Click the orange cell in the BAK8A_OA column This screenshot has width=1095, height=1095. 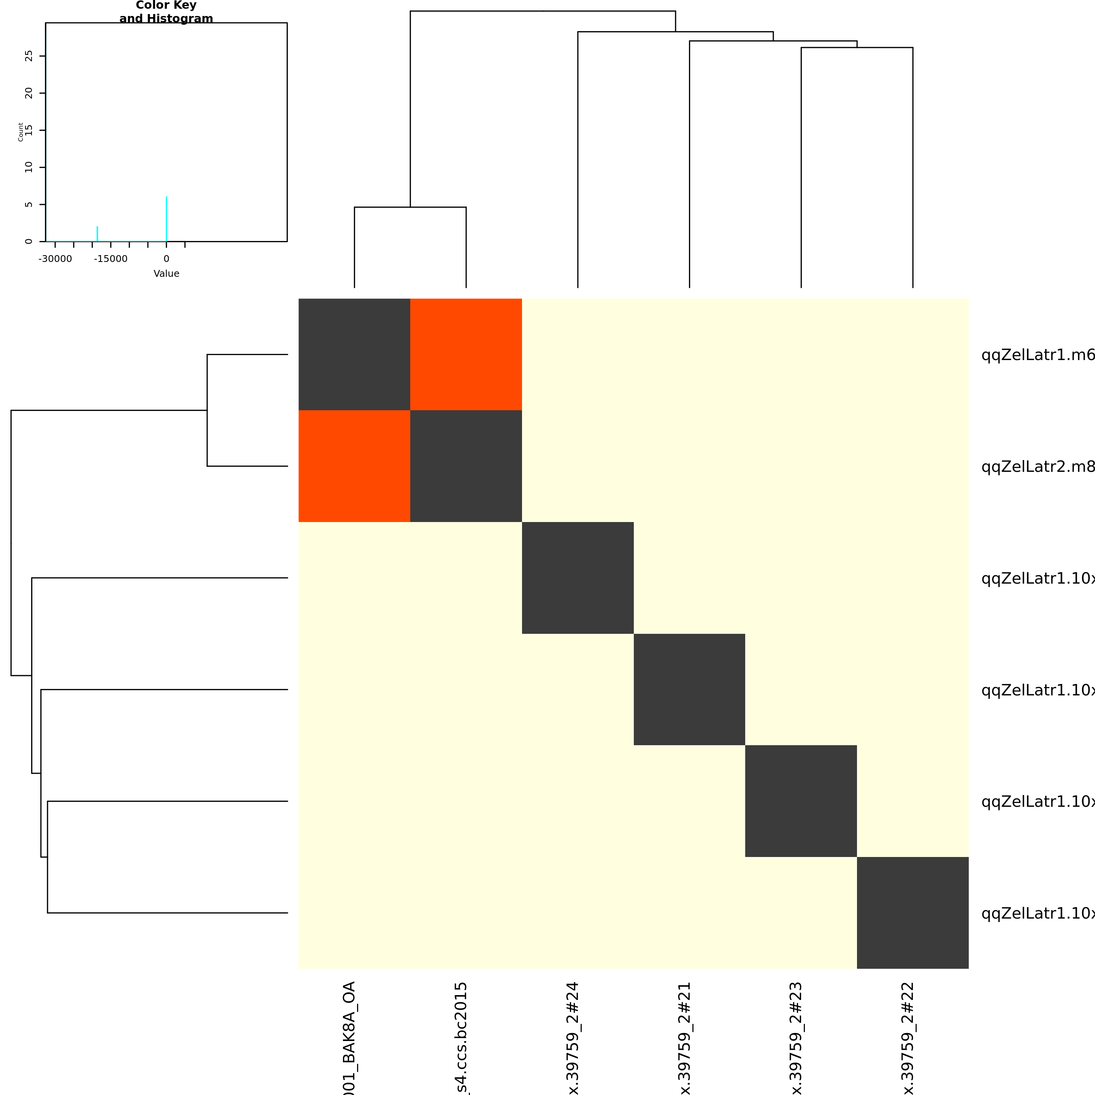pos(354,465)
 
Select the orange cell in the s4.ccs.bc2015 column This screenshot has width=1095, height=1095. pos(466,354)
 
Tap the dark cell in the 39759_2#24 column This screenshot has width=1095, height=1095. pos(578,578)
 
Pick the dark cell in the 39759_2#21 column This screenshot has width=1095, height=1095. pos(689,689)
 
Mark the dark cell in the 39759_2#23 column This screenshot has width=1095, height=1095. pos(801,801)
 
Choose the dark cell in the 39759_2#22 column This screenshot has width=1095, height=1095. pos(912,912)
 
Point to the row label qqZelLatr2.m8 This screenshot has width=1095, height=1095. pos(1037,467)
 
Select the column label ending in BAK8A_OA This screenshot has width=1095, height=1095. pos(349,1037)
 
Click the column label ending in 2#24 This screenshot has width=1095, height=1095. pos(573,1037)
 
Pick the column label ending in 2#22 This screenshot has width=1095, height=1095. pos(908,1037)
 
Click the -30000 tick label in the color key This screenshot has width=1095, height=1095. pos(55,259)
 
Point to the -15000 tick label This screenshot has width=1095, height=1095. pos(111,259)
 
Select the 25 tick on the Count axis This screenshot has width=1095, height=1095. pos(29,56)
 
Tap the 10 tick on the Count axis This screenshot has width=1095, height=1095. pos(29,167)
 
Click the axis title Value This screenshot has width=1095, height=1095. pos(166,274)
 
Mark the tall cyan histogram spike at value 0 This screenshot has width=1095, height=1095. pos(166,218)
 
